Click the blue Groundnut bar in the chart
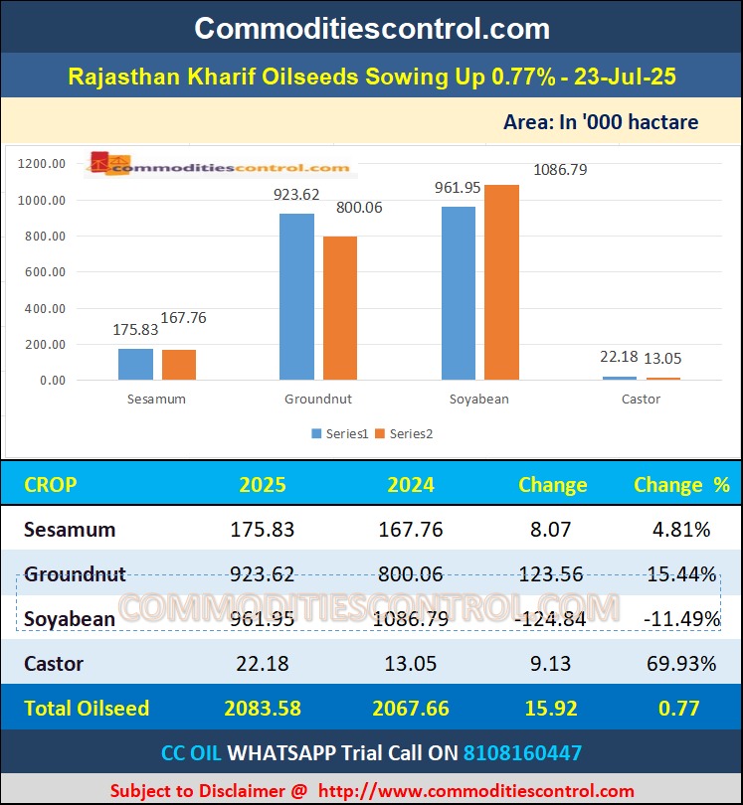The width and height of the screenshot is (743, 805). point(296,296)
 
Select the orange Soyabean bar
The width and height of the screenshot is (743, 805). point(502,282)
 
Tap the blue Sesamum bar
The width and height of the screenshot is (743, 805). point(135,364)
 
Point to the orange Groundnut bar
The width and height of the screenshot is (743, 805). point(340,308)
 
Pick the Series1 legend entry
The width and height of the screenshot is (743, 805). point(340,433)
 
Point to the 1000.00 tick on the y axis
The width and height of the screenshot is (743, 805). point(43,200)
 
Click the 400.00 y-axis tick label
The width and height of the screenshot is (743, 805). point(43,308)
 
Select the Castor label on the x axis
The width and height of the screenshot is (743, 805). point(641,399)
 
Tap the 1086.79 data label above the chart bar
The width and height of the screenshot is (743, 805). point(560,170)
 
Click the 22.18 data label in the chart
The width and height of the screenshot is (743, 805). point(620,359)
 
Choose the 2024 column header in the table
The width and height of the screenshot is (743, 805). point(411,485)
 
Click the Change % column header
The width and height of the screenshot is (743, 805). point(681,485)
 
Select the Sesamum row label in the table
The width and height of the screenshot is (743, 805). point(70,530)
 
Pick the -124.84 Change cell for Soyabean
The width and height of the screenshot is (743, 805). point(551,619)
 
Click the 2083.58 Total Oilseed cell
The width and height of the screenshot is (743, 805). point(263,709)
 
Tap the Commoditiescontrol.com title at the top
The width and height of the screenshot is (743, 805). point(372,28)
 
